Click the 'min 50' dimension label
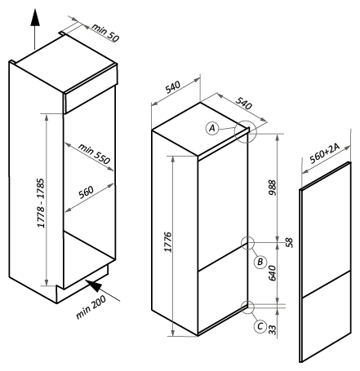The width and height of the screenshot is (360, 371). (105, 33)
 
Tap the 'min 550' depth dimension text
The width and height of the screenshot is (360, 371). (94, 153)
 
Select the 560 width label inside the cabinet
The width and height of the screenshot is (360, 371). (86, 192)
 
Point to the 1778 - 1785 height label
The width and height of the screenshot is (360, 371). (41, 203)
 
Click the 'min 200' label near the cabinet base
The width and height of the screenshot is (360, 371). (91, 307)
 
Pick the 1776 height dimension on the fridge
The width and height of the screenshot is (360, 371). (168, 242)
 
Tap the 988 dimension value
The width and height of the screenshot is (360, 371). (272, 188)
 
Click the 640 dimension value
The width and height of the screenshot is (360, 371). (272, 273)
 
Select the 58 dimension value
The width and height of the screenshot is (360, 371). (289, 242)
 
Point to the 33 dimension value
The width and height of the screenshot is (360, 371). (272, 329)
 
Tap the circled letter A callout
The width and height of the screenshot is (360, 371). (212, 128)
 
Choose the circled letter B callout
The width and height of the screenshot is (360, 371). (260, 262)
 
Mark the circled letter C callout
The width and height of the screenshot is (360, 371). (260, 326)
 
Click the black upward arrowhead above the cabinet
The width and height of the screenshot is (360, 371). (35, 17)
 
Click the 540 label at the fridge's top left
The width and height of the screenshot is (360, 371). (173, 87)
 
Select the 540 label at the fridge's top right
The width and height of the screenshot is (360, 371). (243, 103)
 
